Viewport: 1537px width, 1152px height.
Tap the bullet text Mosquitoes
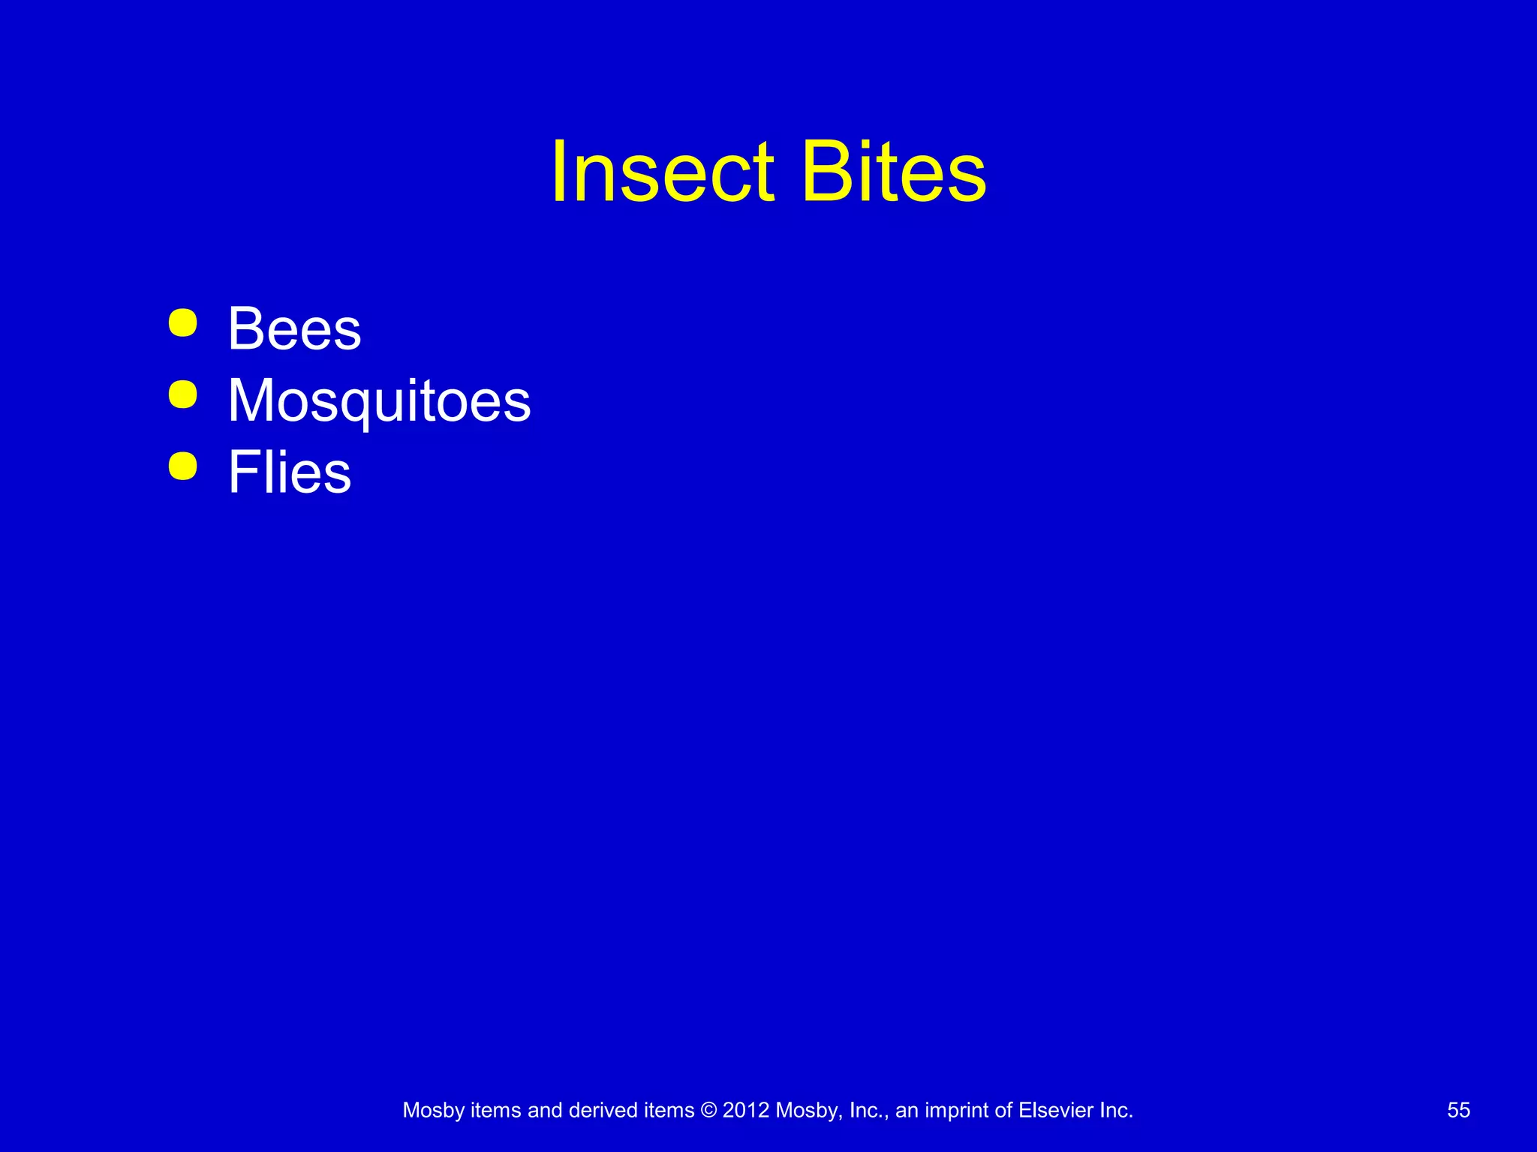point(379,400)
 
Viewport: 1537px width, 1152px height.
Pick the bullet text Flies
point(290,472)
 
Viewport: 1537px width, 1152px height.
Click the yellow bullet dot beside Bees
point(183,323)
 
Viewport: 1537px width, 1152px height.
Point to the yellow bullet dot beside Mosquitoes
point(183,394)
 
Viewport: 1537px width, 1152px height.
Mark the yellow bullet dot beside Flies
point(183,466)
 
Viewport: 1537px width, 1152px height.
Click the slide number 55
point(1458,1110)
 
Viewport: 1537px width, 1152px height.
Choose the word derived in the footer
point(603,1110)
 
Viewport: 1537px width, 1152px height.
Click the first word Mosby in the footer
point(433,1110)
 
